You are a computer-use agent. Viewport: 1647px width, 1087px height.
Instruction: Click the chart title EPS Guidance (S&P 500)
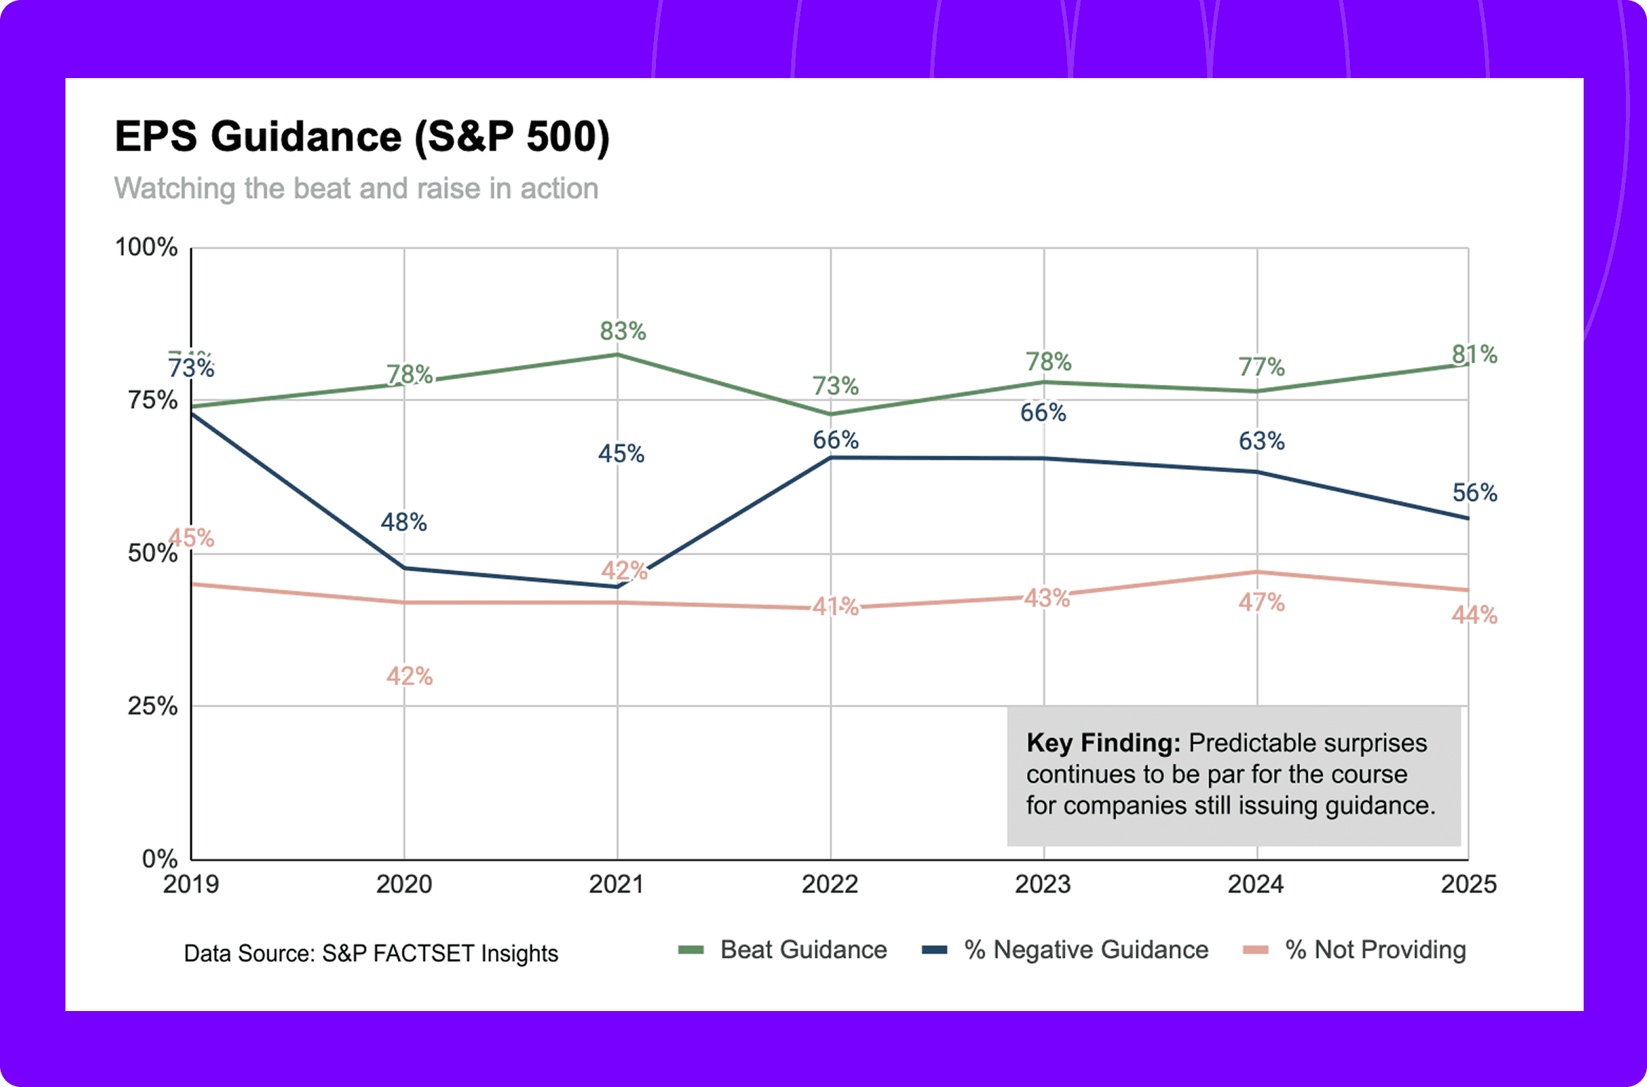click(362, 136)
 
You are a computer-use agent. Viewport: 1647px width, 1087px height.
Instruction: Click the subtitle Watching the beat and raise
click(356, 189)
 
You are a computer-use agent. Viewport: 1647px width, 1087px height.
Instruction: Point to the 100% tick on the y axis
click(146, 248)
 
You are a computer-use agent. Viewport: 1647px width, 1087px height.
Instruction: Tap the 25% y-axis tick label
click(152, 706)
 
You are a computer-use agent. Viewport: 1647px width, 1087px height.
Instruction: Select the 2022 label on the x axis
click(830, 884)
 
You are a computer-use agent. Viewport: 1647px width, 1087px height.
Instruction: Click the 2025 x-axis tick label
click(1468, 884)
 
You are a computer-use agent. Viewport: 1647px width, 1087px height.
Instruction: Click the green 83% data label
click(622, 331)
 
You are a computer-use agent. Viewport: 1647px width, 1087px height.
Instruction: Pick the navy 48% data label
click(403, 522)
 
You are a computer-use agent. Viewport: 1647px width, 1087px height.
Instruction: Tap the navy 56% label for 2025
click(1475, 492)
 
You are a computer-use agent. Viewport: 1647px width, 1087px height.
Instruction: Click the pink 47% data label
click(1261, 602)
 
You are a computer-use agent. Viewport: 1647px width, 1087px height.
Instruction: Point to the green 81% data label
click(1475, 354)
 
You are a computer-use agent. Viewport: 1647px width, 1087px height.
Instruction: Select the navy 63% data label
click(1261, 441)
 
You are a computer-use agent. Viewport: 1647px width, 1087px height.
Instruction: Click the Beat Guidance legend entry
click(802, 950)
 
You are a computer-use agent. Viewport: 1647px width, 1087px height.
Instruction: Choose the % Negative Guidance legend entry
click(1085, 950)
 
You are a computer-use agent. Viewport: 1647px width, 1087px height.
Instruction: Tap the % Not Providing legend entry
click(1375, 950)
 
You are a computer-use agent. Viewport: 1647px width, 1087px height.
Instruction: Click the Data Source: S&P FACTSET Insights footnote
click(371, 953)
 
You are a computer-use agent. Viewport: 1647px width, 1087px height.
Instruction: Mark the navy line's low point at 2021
click(617, 587)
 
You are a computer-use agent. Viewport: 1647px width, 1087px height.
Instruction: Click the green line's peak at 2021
click(617, 355)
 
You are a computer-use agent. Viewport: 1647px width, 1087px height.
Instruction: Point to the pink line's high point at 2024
click(1257, 572)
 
